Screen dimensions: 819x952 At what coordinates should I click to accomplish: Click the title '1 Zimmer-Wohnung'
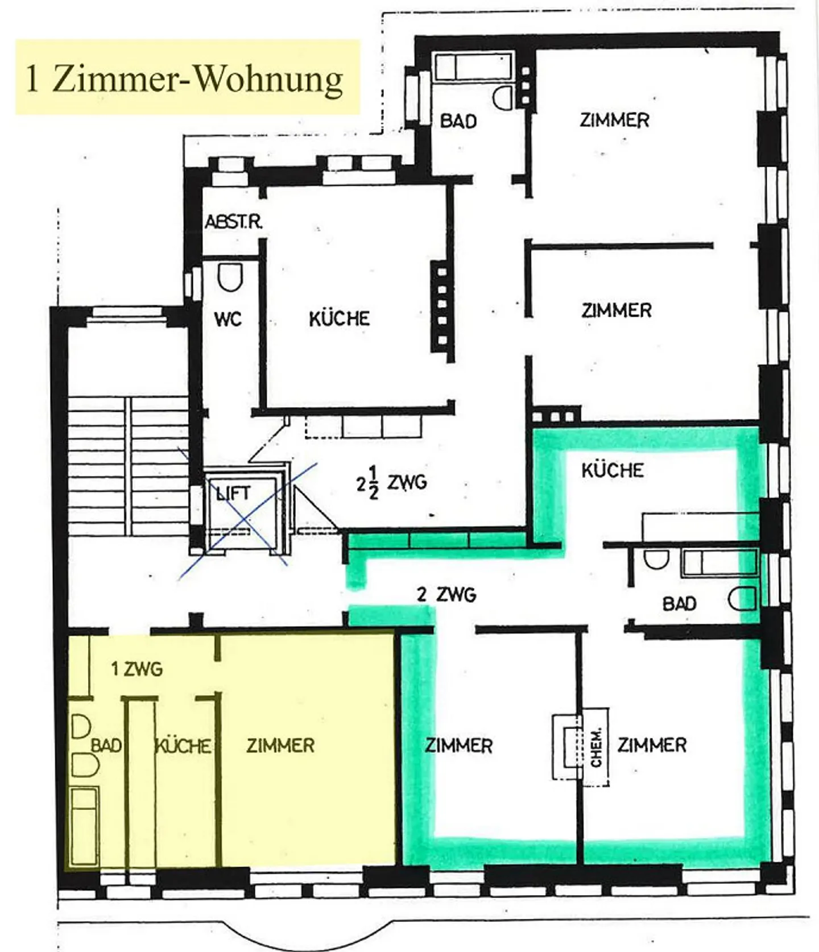point(184,78)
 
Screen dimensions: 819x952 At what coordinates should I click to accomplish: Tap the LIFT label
point(233,492)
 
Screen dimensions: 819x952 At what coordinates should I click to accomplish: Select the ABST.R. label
point(234,221)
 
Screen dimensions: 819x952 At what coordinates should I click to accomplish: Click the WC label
point(228,319)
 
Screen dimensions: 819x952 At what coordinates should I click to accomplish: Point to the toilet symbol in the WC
point(230,278)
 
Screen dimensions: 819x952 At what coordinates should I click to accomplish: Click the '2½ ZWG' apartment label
point(392,483)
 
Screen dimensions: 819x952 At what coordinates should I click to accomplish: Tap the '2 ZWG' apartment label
point(446,595)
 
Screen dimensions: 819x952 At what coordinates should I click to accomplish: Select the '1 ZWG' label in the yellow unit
point(137,669)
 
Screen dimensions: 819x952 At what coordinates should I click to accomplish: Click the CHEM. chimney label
point(595,746)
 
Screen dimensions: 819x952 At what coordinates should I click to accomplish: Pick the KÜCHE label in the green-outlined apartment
point(613,470)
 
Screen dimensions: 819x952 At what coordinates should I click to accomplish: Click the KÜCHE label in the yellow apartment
point(183,746)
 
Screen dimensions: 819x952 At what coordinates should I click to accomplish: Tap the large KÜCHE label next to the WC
point(340,318)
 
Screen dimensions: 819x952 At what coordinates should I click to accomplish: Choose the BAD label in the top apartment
point(458,121)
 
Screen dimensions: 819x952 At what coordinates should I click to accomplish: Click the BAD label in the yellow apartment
point(106,746)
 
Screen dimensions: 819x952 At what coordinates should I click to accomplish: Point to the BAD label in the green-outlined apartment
point(680,603)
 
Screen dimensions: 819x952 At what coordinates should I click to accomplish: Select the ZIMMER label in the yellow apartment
point(280,746)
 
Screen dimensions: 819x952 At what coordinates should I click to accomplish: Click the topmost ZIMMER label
point(615,120)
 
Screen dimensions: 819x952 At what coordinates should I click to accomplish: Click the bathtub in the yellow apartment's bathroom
point(84,826)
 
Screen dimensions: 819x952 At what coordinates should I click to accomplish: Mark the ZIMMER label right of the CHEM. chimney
point(652,745)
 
